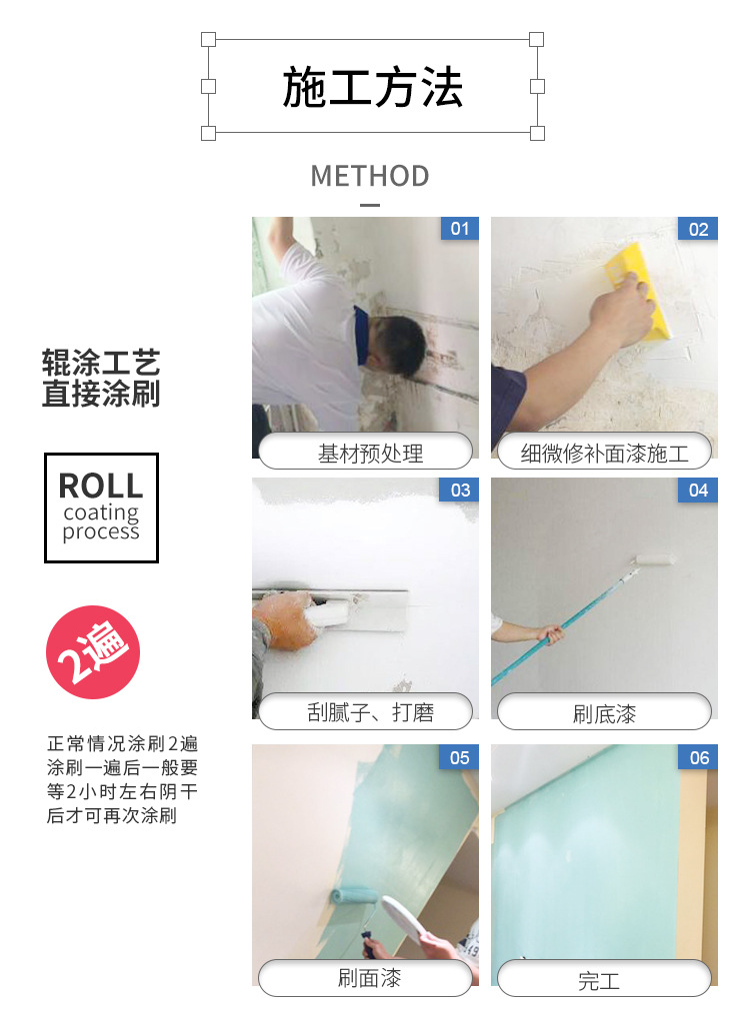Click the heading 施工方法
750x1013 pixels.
coord(372,87)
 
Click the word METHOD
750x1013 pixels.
coord(370,176)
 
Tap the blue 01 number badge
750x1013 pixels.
coord(460,228)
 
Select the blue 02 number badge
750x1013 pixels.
coord(698,229)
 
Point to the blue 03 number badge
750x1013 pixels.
coord(460,490)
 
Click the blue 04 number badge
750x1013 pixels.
coord(698,490)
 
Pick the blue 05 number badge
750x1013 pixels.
coord(460,757)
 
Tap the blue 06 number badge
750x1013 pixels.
coord(698,757)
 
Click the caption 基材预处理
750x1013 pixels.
coord(370,454)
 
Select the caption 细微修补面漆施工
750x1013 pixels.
coord(605,454)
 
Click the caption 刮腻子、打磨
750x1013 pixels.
coord(370,712)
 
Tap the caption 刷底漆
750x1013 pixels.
coord(605,714)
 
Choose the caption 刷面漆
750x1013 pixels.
coord(370,978)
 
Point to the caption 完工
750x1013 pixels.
coord(599,981)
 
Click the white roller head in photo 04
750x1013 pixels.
coord(655,559)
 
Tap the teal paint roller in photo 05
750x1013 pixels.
coord(353,897)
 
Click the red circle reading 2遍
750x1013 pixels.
coord(93,652)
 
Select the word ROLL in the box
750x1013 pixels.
coord(101,486)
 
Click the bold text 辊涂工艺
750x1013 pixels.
coord(101,363)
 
